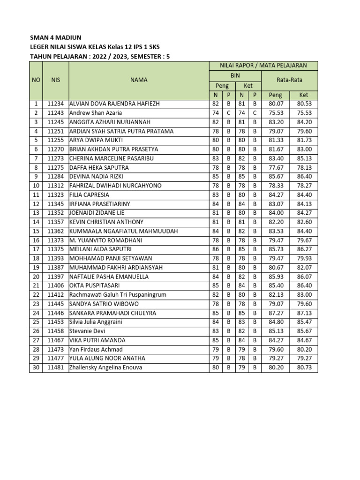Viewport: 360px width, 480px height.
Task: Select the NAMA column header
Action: pyautogui.click(x=139, y=80)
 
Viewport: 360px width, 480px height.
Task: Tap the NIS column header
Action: pyautogui.click(x=55, y=80)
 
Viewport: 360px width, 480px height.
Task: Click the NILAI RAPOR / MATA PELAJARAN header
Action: pyautogui.click(x=263, y=66)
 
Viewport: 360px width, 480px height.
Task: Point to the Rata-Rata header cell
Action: pyautogui.click(x=290, y=80)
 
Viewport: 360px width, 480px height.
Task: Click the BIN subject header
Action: pyautogui.click(x=235, y=75)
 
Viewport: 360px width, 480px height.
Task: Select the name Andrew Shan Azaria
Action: pyautogui.click(x=96, y=113)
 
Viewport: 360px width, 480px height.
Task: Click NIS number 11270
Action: pyautogui.click(x=55, y=149)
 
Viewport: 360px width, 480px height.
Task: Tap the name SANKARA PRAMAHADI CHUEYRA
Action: pyautogui.click(x=113, y=313)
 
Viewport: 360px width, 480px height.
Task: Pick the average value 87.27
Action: pyautogui.click(x=275, y=313)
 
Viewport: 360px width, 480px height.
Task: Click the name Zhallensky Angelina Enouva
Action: pyautogui.click(x=105, y=367)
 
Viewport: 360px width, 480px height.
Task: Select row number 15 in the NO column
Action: pyautogui.click(x=36, y=231)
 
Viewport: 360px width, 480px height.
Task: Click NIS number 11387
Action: pyautogui.click(x=55, y=268)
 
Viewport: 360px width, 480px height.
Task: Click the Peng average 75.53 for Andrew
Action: pyautogui.click(x=275, y=113)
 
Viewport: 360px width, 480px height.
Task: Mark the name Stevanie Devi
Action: pyautogui.click(x=88, y=331)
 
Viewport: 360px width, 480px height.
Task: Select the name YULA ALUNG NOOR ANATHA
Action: pyautogui.click(x=107, y=358)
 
